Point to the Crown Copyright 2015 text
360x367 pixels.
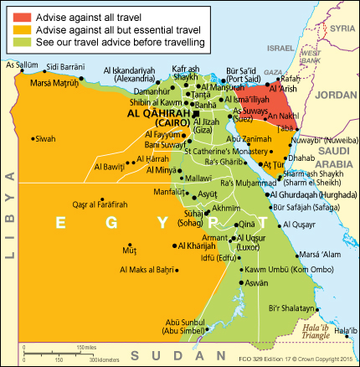(313, 359)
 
